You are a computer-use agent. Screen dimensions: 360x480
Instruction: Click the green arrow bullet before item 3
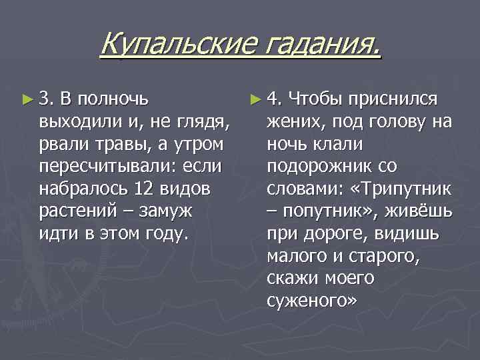point(27,100)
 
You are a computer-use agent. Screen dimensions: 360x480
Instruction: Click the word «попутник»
point(323,212)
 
